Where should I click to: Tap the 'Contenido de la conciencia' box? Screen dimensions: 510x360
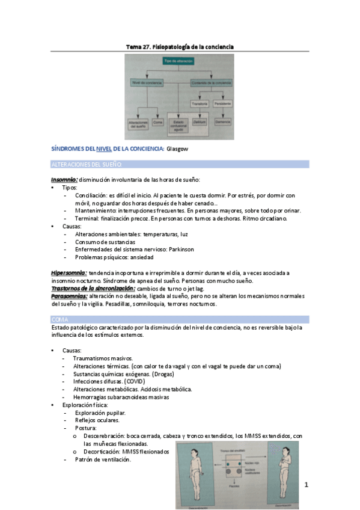tap(211, 82)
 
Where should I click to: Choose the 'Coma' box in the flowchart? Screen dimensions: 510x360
tap(158, 122)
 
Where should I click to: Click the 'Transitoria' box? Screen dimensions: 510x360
tap(200, 103)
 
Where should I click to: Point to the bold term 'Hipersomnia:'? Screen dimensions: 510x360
tap(69, 273)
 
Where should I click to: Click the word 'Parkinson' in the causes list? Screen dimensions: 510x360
tap(194, 249)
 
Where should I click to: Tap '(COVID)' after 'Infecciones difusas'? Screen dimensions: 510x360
tap(135, 381)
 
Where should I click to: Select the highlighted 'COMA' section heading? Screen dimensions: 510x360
tap(60, 319)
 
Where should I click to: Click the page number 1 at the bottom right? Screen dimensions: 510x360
tap(306, 484)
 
